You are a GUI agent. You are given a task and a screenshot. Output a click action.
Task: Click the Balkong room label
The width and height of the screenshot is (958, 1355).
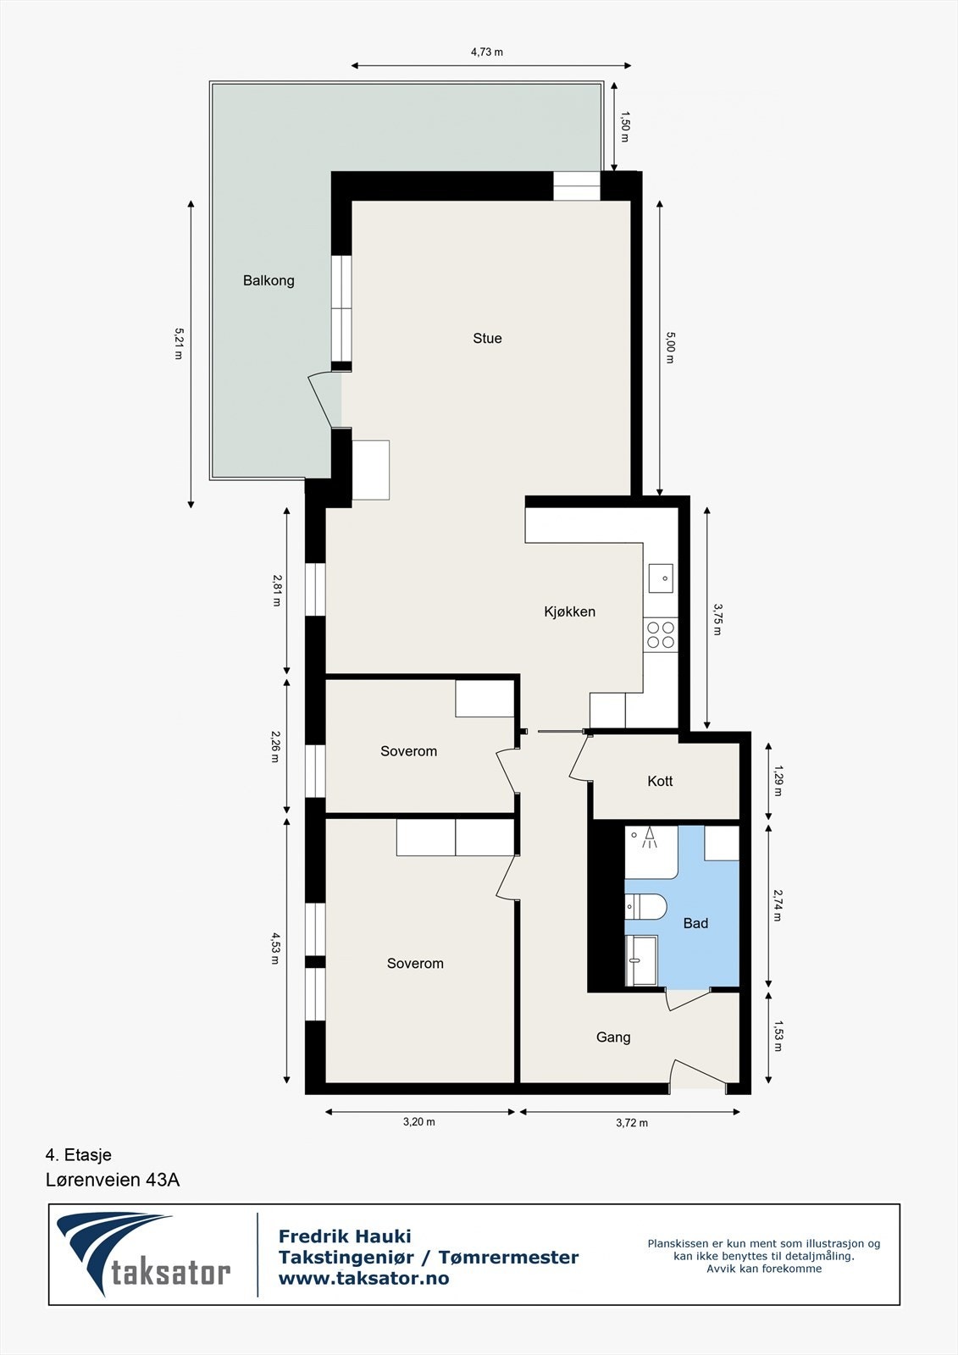[269, 280]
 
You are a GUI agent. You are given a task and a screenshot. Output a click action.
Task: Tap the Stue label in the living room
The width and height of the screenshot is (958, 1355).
[487, 338]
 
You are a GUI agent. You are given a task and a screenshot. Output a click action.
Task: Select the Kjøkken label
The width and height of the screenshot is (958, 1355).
[569, 611]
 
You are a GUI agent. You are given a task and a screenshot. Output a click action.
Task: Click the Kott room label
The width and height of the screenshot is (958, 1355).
[660, 781]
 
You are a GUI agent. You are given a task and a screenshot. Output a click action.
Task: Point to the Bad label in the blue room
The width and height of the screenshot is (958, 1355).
[695, 923]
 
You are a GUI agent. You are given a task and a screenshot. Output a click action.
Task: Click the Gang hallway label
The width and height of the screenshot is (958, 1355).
[613, 1037]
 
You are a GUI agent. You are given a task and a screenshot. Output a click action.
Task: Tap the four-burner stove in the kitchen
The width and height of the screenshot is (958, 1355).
[661, 634]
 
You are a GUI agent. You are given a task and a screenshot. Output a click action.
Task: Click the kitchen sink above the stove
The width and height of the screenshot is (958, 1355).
[661, 578]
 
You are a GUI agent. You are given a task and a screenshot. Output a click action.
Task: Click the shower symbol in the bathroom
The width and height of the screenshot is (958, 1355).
[650, 838]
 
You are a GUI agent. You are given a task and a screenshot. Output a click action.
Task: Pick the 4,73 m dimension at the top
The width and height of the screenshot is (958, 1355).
[487, 52]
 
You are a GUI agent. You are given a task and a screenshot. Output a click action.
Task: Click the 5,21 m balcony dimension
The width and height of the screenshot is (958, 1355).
[179, 344]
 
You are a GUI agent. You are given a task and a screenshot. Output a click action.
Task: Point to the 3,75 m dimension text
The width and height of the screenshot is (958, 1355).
[717, 619]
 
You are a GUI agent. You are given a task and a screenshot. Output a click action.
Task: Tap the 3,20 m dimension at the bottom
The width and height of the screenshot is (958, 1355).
[418, 1122]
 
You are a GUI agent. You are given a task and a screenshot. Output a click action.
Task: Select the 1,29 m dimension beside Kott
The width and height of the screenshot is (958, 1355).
[778, 781]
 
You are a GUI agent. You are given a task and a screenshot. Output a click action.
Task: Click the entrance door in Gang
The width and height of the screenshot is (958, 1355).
[698, 1074]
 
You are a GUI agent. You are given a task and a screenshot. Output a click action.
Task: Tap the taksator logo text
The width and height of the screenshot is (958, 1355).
[170, 1272]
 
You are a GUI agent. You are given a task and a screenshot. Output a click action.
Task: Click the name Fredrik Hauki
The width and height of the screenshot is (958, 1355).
[345, 1236]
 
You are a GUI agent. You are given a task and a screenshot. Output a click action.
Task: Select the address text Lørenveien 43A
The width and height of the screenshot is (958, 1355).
[113, 1180]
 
